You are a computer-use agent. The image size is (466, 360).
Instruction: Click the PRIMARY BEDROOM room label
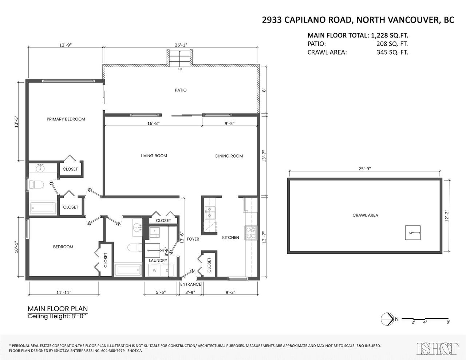(66, 119)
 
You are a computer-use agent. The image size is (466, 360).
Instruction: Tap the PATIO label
(181, 90)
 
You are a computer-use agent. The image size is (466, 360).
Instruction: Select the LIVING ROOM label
(154, 156)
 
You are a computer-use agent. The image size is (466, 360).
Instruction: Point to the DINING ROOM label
(229, 156)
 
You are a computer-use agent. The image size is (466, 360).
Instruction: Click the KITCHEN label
(230, 238)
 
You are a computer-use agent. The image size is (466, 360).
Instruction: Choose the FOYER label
(193, 239)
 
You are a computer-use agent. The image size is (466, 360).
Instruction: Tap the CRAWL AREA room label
(365, 215)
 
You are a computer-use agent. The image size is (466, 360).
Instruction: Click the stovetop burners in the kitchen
(251, 233)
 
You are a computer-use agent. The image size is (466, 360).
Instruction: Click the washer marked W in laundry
(154, 270)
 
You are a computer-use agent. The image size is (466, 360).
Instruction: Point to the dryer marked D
(167, 270)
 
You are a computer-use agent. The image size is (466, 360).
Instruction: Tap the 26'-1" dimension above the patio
(181, 45)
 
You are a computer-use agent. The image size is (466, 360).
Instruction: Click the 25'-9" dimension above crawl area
(364, 169)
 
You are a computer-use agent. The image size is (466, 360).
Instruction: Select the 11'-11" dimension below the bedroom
(64, 292)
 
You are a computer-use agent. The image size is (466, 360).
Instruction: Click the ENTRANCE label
(190, 284)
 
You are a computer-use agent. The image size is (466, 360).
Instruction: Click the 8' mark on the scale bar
(448, 328)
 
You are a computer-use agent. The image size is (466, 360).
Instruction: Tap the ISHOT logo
(438, 349)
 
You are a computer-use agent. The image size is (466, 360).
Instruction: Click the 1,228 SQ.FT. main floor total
(390, 35)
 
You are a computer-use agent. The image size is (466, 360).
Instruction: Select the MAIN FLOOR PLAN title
(58, 309)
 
